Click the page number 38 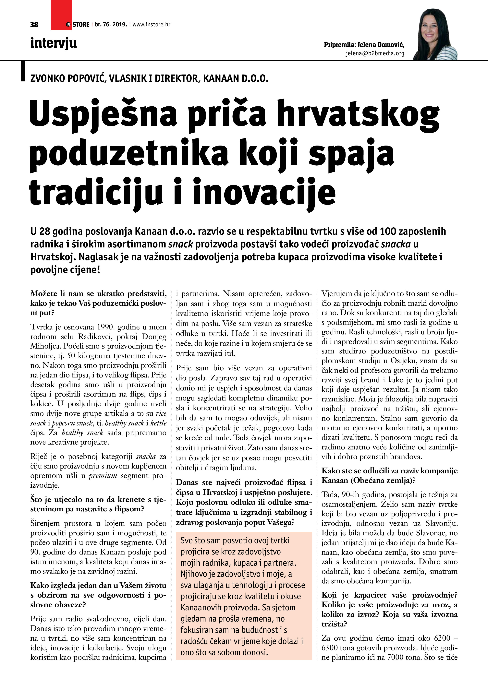(x=34, y=25)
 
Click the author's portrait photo (x=435, y=35)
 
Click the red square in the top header (x=61, y=15)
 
